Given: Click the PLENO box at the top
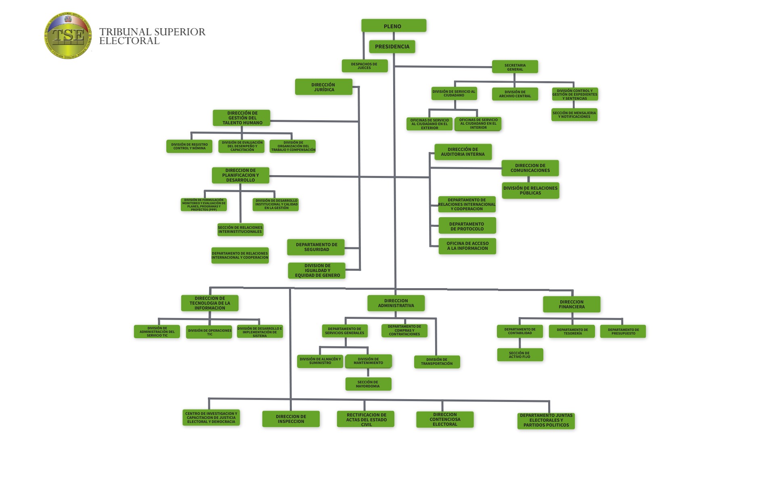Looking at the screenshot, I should pyautogui.click(x=394, y=25).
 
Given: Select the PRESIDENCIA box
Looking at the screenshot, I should pyautogui.click(x=392, y=47).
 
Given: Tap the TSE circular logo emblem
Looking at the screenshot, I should pyautogui.click(x=68, y=36).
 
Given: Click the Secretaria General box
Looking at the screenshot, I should pyautogui.click(x=515, y=67).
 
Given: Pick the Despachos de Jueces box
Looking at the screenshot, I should pyautogui.click(x=365, y=66).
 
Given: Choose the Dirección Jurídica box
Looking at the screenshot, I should pyautogui.click(x=324, y=87).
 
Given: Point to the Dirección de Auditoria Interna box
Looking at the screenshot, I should pyautogui.click(x=463, y=152).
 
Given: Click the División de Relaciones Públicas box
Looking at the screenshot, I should pyautogui.click(x=530, y=190).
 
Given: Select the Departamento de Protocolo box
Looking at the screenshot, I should pyautogui.click(x=467, y=226).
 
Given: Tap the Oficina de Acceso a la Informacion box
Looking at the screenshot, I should pyautogui.click(x=467, y=246).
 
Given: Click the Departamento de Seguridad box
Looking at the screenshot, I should pyautogui.click(x=316, y=247).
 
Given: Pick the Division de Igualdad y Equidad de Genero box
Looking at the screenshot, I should pyautogui.click(x=317, y=270).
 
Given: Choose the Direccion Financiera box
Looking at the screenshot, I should pyautogui.click(x=572, y=304).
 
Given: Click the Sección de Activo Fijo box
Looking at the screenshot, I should pyautogui.click(x=520, y=355).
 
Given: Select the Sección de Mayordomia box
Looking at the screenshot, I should pyautogui.click(x=368, y=384).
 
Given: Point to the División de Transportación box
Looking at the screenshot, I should pyautogui.click(x=437, y=362).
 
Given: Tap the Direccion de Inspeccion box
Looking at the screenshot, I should pyautogui.click(x=291, y=419).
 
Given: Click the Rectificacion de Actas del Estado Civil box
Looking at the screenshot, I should pyautogui.click(x=366, y=419).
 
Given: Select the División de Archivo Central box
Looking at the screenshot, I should pyautogui.click(x=515, y=94).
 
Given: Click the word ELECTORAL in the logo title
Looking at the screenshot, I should pyautogui.click(x=130, y=41).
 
